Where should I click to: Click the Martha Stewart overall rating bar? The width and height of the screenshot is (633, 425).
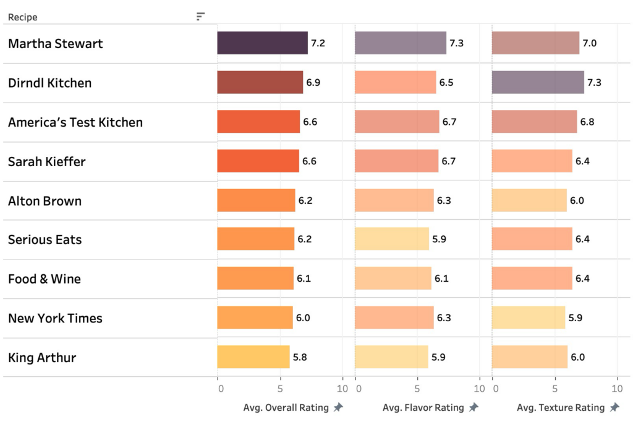click(x=262, y=43)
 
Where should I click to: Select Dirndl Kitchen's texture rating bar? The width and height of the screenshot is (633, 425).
click(x=538, y=82)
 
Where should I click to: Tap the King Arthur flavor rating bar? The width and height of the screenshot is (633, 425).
click(x=391, y=357)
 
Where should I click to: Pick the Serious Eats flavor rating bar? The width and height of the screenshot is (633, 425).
click(x=391, y=239)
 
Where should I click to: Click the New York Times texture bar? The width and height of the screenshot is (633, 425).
click(x=529, y=318)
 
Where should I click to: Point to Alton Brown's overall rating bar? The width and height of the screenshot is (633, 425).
click(x=256, y=201)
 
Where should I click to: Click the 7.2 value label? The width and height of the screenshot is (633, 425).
click(x=318, y=43)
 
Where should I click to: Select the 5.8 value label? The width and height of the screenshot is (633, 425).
click(x=300, y=357)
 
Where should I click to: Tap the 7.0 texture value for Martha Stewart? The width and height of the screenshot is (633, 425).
click(x=589, y=43)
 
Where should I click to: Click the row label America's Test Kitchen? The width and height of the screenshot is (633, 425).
click(x=75, y=122)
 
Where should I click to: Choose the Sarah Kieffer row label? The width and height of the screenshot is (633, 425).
click(x=47, y=162)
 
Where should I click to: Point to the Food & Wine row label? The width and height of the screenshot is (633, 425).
click(x=45, y=279)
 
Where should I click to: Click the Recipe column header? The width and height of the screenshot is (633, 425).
click(x=23, y=17)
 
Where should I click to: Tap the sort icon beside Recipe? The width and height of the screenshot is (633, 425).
click(x=200, y=17)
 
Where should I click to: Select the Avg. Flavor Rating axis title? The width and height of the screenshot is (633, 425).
click(x=423, y=408)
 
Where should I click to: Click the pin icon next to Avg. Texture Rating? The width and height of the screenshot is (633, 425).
click(x=614, y=408)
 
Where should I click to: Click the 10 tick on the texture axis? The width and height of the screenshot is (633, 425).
click(x=616, y=389)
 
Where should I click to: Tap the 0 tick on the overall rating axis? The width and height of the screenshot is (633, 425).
click(x=221, y=389)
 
